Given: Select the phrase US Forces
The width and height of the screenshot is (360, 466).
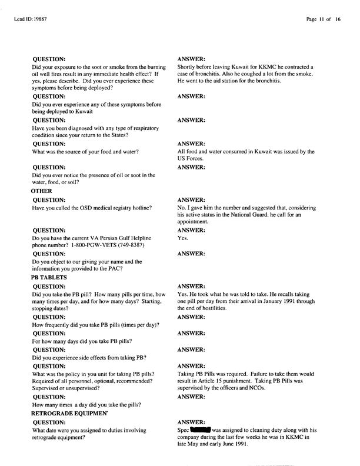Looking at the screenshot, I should point(191,159).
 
